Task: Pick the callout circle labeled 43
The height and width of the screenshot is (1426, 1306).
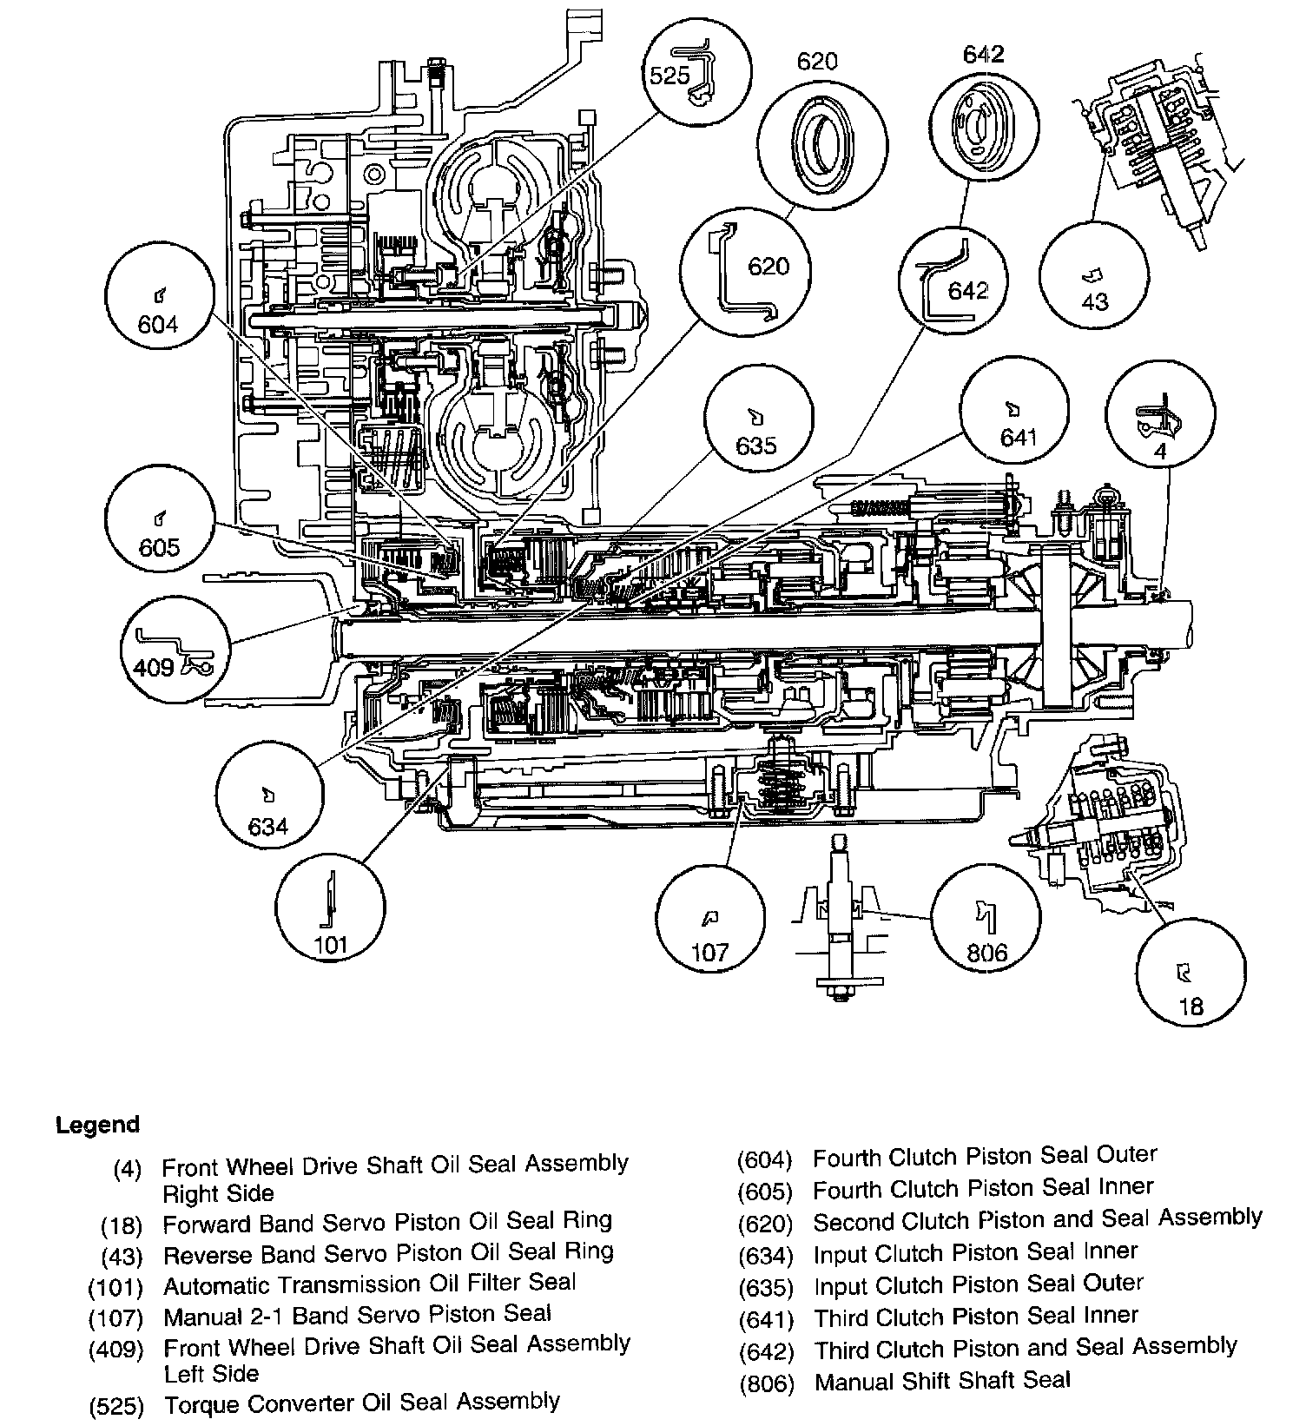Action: coord(1093,274)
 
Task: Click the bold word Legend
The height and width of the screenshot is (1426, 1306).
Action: coord(97,1126)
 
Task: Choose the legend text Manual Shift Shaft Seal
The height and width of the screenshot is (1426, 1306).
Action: coord(942,1381)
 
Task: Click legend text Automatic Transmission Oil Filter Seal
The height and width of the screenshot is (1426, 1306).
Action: coord(370,1283)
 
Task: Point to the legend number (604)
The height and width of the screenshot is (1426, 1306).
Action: coord(765,1159)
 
